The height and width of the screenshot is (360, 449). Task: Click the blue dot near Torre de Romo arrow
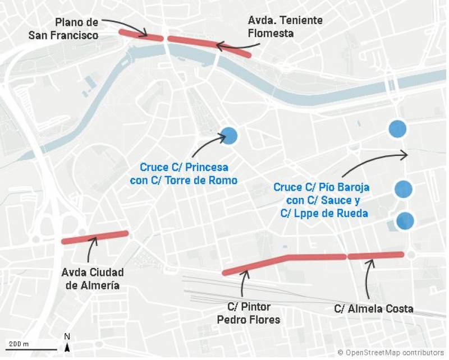pos(229,136)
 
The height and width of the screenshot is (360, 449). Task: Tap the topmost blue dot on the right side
pos(397,129)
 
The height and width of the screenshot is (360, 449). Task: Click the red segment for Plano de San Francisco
pos(141,35)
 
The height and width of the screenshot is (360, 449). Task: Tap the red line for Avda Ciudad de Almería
pos(95,237)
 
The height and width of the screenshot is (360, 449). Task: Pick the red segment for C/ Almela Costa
pos(375,256)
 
